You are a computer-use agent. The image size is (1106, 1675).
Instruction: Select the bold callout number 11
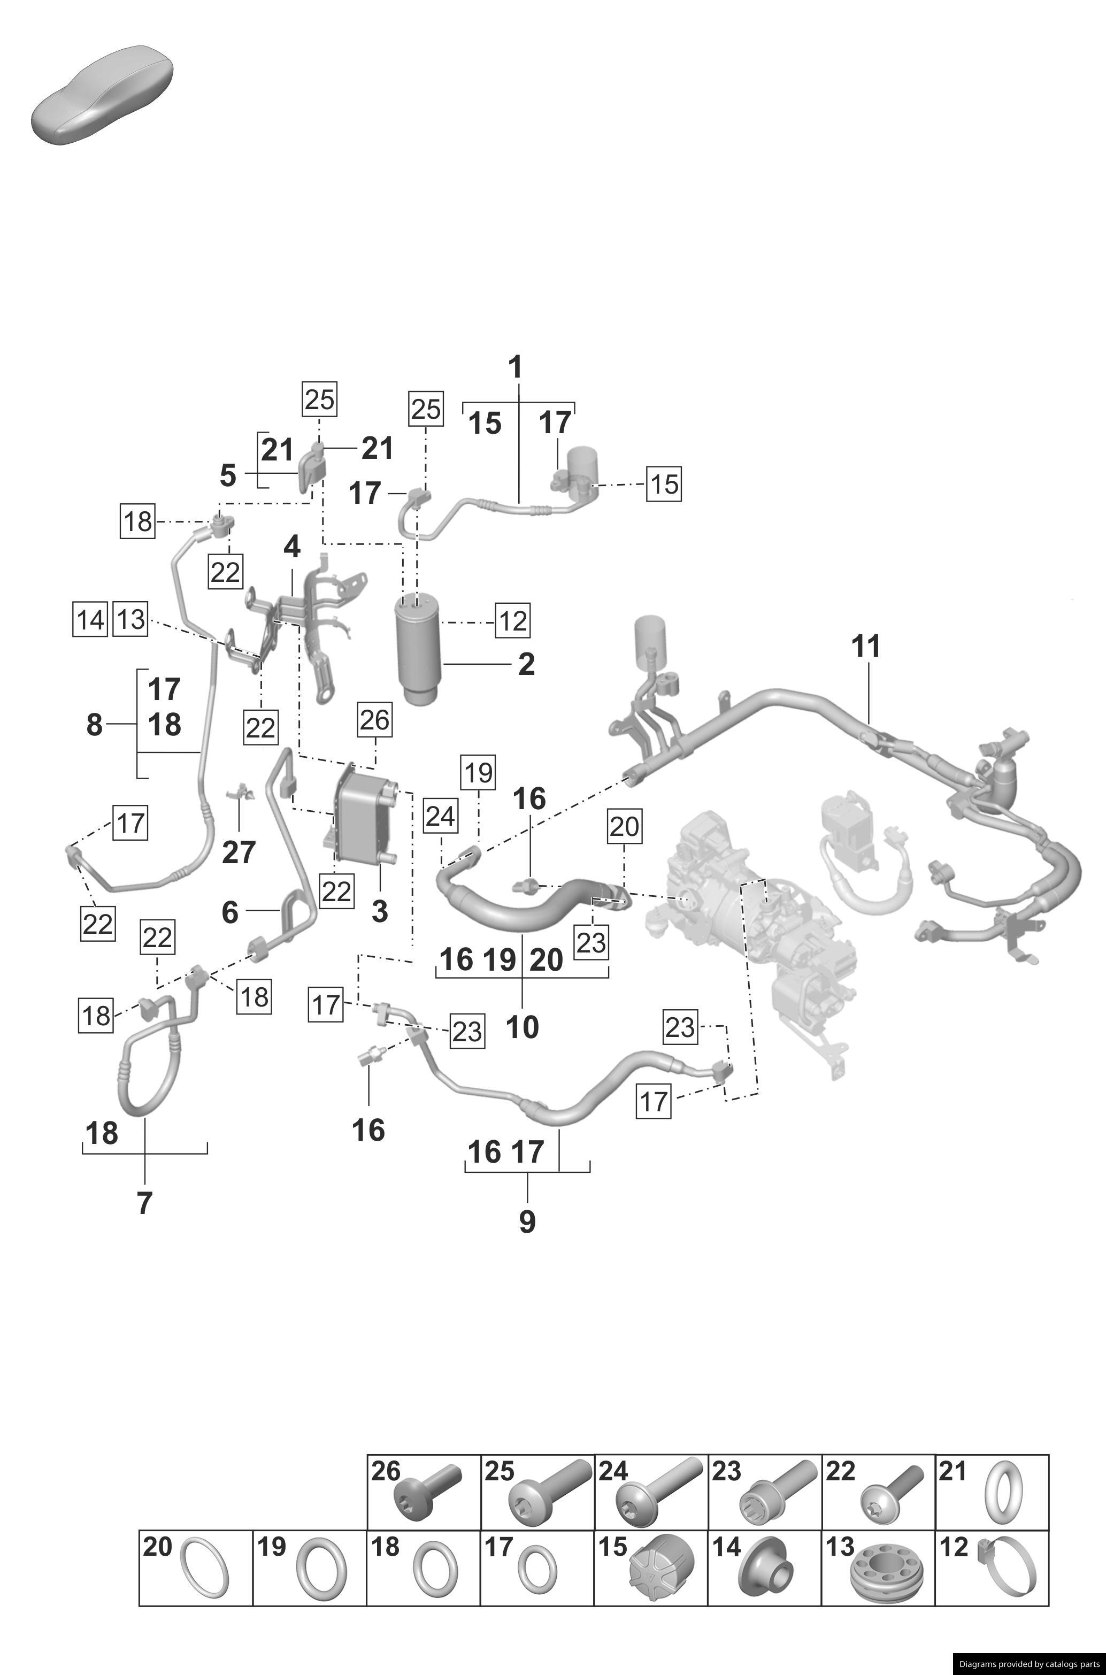click(866, 646)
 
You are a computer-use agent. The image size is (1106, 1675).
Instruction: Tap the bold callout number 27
click(239, 852)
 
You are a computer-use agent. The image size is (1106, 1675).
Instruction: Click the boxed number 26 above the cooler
click(374, 719)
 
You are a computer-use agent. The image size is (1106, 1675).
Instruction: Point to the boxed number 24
click(440, 817)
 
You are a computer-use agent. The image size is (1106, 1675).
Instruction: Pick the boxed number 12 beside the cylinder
click(512, 620)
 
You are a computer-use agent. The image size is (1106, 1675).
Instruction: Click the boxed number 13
click(131, 620)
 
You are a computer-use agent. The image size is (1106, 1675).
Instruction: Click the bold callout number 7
click(144, 1203)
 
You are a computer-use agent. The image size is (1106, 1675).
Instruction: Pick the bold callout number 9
click(527, 1221)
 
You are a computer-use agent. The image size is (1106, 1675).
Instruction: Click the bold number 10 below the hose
click(522, 1027)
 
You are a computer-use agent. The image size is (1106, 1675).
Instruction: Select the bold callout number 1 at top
click(516, 367)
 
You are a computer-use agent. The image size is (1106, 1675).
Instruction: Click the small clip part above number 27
click(241, 794)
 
